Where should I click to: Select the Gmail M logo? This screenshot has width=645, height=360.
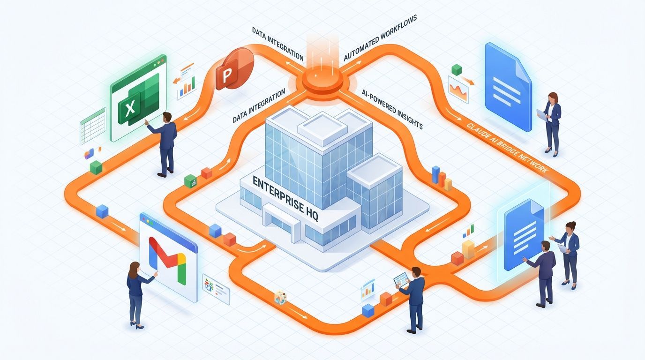[x=167, y=257]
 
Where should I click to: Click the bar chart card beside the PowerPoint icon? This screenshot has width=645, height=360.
[x=187, y=82]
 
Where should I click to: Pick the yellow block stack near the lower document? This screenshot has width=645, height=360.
[x=468, y=248]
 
